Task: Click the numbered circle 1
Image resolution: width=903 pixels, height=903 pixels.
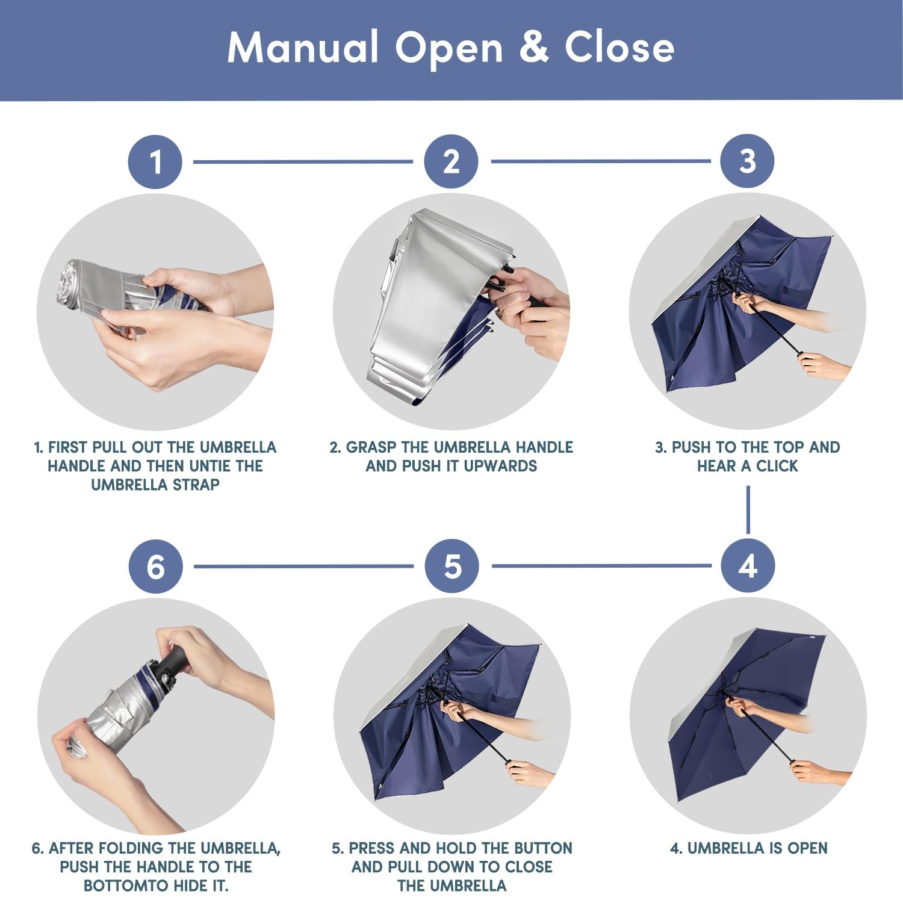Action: (x=155, y=162)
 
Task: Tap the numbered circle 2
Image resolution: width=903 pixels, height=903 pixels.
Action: (x=451, y=161)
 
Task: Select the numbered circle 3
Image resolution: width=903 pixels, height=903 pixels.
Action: (x=748, y=161)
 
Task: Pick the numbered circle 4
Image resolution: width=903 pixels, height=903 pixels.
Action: (x=748, y=566)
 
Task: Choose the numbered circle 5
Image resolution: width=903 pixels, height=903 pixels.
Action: (x=452, y=566)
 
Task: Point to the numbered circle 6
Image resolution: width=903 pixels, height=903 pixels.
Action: (x=156, y=566)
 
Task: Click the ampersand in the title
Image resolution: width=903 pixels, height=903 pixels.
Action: (x=533, y=47)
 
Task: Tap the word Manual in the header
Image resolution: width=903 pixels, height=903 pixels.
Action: (x=303, y=47)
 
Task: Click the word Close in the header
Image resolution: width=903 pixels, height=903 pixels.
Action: (x=619, y=47)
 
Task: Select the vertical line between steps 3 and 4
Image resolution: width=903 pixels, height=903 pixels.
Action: (x=748, y=510)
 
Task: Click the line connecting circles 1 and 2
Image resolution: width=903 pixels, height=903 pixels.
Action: (x=303, y=161)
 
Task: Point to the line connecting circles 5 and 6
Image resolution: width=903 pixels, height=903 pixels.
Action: (x=304, y=566)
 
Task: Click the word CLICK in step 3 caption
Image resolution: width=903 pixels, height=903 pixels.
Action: (x=777, y=466)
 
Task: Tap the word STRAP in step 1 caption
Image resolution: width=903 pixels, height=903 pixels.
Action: (x=196, y=485)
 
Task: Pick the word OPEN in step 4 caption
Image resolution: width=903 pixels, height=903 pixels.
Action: (x=807, y=848)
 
